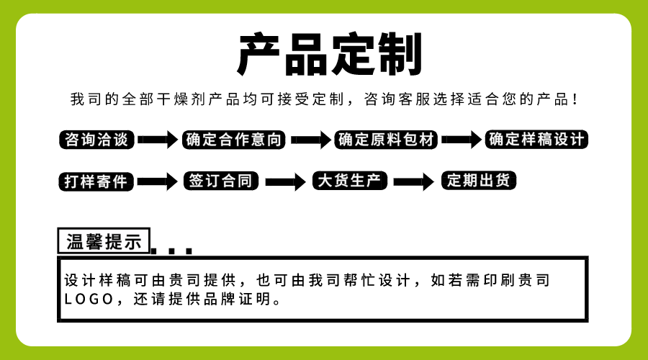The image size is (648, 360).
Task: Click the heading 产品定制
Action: (x=329, y=55)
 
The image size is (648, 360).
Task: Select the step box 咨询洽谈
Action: (x=96, y=140)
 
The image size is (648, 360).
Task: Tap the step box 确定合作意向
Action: (x=234, y=140)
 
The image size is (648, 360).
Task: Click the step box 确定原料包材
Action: (x=387, y=140)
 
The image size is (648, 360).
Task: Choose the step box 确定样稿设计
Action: (x=537, y=139)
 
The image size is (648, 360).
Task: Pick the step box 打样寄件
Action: (x=96, y=181)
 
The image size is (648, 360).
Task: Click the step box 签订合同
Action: (x=222, y=181)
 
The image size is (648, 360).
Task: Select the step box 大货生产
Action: (x=350, y=181)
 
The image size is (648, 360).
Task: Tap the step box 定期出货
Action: (x=479, y=180)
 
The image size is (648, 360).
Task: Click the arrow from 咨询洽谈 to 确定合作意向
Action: (x=157, y=140)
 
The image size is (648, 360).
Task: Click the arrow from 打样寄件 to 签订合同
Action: (x=157, y=181)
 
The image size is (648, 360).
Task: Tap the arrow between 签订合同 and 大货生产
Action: (x=285, y=181)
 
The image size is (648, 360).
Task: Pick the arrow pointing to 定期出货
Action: (x=413, y=181)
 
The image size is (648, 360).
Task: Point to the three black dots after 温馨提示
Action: (x=172, y=251)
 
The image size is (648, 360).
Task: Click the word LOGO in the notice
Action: (x=89, y=299)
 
